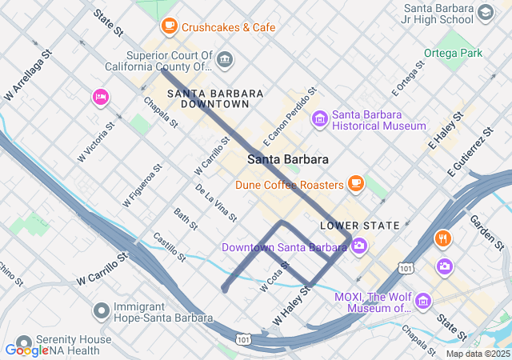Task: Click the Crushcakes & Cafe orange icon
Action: pyautogui.click(x=169, y=26)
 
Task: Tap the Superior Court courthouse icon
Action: pyautogui.click(x=225, y=58)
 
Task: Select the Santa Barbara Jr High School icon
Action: pyautogui.click(x=484, y=13)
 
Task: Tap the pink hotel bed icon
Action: pyautogui.click(x=101, y=98)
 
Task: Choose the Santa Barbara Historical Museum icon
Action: pyautogui.click(x=319, y=119)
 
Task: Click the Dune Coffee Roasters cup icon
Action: pyautogui.click(x=356, y=185)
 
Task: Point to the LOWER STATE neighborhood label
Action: pyautogui.click(x=359, y=226)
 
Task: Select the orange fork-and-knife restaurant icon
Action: pyautogui.click(x=442, y=238)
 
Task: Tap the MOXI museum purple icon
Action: pyautogui.click(x=423, y=301)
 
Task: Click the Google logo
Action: pyautogui.click(x=26, y=350)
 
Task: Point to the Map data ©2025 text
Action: pyautogui.click(x=478, y=354)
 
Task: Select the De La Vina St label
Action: pyautogui.click(x=216, y=202)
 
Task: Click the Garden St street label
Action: pyautogui.click(x=486, y=232)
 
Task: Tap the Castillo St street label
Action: pyautogui.click(x=169, y=247)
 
